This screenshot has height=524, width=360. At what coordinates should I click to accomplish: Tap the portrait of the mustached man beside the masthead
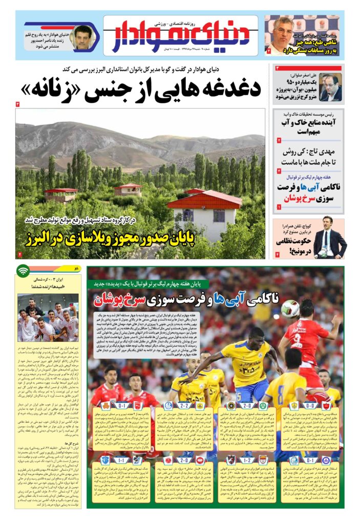coord(81,37)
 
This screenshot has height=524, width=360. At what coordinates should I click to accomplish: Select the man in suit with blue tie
coord(328,237)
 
